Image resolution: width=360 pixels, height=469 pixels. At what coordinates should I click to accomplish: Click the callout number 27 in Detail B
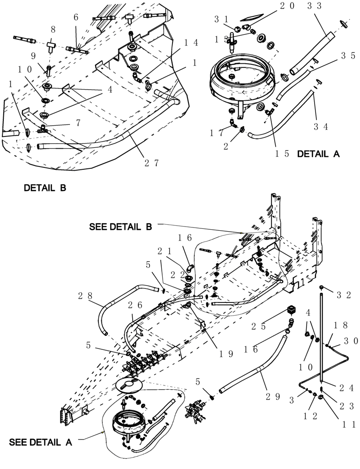151,163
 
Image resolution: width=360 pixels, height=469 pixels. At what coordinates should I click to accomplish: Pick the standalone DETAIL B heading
45,188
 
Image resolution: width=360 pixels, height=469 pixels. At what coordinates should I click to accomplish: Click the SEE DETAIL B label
120,227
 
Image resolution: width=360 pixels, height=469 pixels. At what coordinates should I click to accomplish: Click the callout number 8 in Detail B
53,30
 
